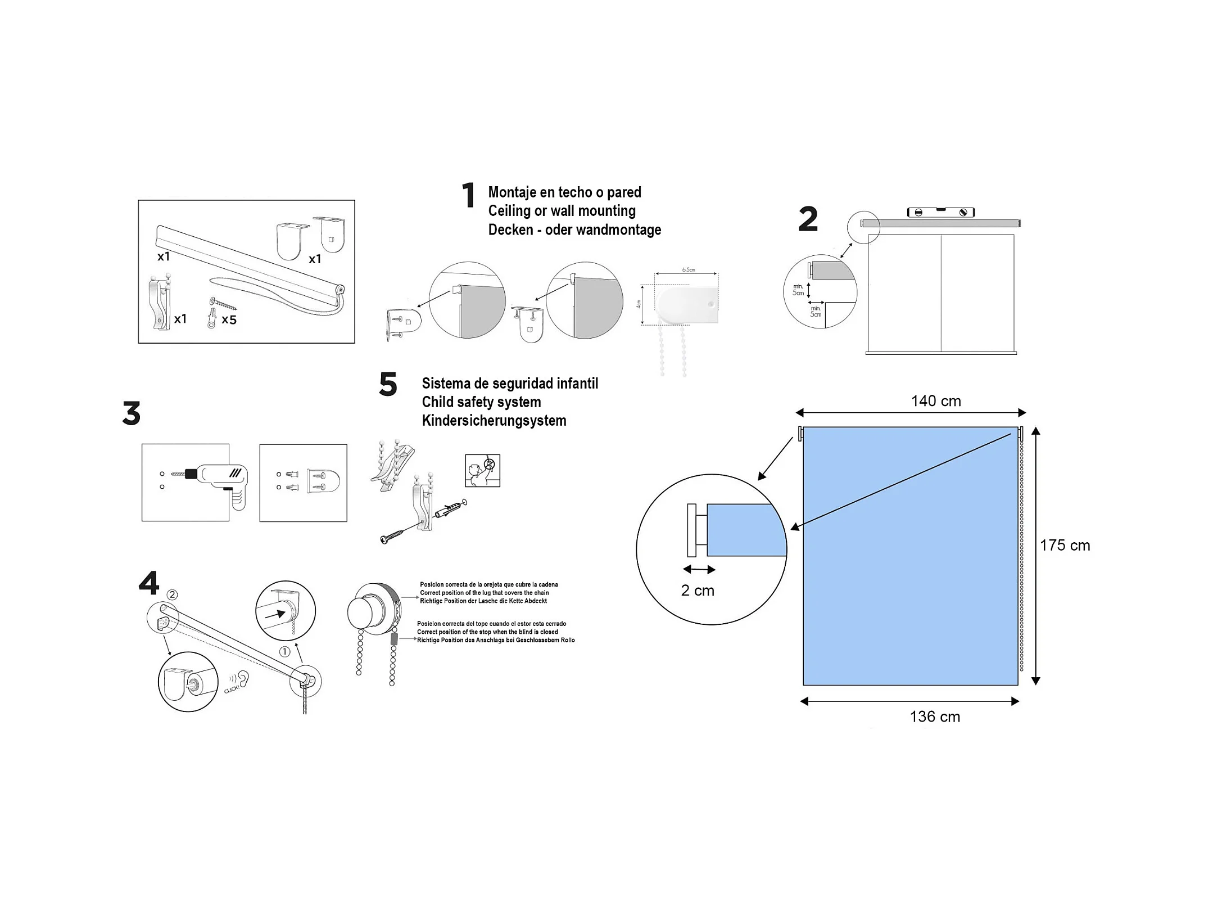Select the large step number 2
coord(808,219)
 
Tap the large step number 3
coord(132,413)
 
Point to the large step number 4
coord(149,583)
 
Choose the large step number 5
coord(388,385)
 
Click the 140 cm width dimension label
coord(935,401)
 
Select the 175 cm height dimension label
coord(1065,545)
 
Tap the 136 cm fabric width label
coord(935,717)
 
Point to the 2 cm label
coord(698,591)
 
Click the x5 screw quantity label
coord(229,320)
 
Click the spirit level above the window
coord(941,212)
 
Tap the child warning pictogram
coord(482,471)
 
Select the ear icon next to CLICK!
coord(243,679)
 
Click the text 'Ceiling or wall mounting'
coord(562,211)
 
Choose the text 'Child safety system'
coord(481,402)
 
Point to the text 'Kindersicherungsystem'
coord(494,421)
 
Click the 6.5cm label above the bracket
coord(688,270)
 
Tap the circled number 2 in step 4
coord(173,594)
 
